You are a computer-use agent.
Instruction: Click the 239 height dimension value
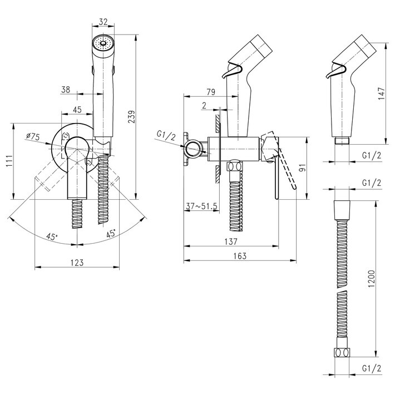click(x=131, y=117)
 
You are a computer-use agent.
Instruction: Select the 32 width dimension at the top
click(x=103, y=22)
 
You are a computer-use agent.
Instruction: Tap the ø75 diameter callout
click(x=33, y=137)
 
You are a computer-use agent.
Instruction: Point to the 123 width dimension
click(x=77, y=263)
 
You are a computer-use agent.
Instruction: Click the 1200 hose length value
click(x=371, y=279)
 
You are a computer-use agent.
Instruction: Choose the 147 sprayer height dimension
click(x=382, y=93)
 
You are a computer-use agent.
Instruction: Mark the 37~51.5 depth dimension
click(x=201, y=206)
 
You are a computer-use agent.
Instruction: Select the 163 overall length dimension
click(x=240, y=256)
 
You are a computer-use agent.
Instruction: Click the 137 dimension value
click(x=231, y=241)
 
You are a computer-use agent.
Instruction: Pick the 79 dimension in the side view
click(x=211, y=92)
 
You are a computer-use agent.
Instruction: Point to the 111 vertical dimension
click(x=9, y=161)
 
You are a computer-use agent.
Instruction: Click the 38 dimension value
click(x=66, y=90)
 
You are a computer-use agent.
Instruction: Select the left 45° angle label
click(x=52, y=236)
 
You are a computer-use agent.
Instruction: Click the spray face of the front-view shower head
click(x=103, y=43)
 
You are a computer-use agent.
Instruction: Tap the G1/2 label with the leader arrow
click(x=166, y=136)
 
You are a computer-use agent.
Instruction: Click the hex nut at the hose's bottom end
click(x=342, y=352)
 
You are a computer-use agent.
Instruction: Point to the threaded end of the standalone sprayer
click(x=342, y=141)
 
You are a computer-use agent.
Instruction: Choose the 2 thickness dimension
click(x=204, y=105)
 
